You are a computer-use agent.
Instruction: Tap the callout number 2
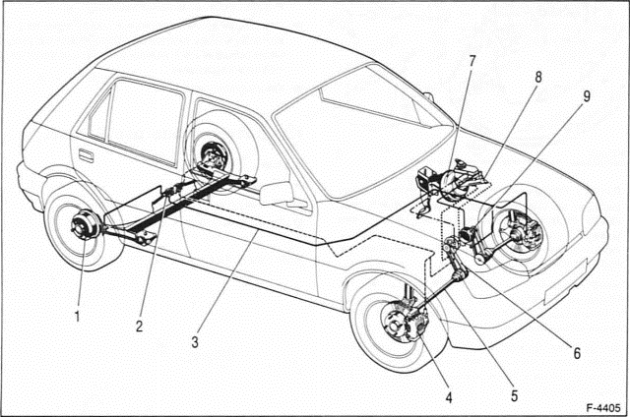point(139,327)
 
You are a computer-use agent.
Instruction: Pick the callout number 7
point(472,61)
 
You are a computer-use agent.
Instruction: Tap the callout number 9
point(586,96)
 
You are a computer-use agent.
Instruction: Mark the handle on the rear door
point(86,155)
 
